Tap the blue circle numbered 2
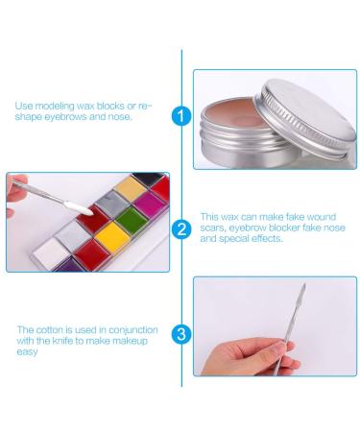coord(181,228)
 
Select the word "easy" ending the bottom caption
coord(28,352)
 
